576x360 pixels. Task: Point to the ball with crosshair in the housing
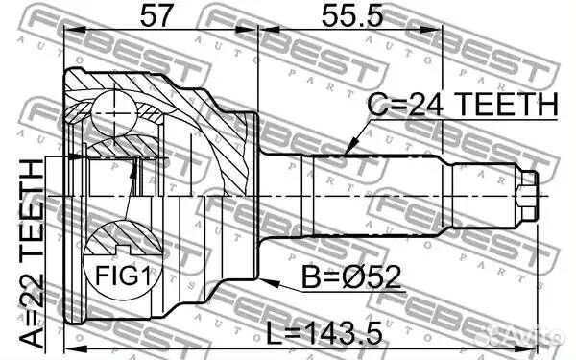112,113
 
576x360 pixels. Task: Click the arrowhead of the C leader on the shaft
347,155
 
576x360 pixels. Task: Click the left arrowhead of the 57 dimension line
68,30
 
